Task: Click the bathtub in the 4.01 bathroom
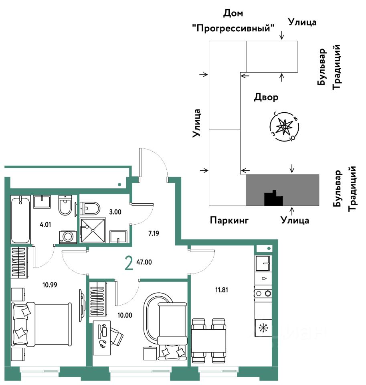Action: pyautogui.click(x=20, y=219)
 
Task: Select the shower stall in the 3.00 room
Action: pyautogui.click(x=93, y=231)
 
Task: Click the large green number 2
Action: pyautogui.click(x=129, y=263)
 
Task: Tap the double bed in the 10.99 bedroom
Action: pyautogui.click(x=42, y=324)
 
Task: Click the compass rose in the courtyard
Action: pyautogui.click(x=284, y=127)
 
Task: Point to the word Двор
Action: pyautogui.click(x=266, y=97)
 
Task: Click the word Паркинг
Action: pyautogui.click(x=230, y=220)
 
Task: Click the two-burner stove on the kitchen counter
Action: pyautogui.click(x=263, y=294)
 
